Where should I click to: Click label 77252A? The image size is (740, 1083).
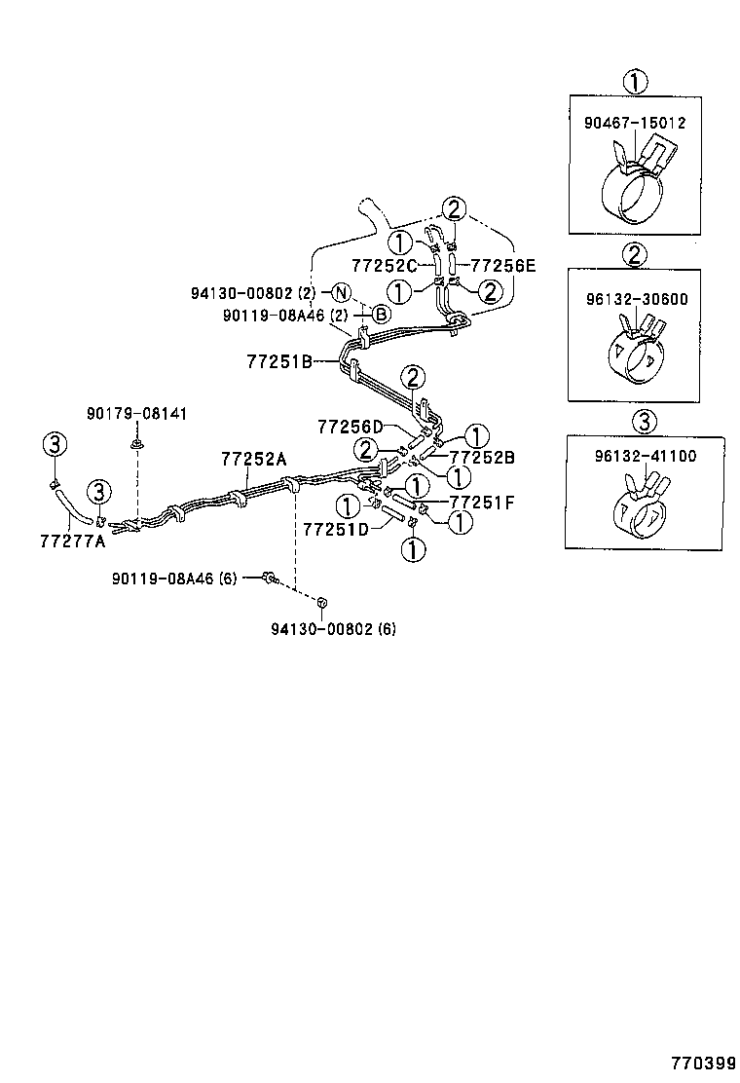[252, 459]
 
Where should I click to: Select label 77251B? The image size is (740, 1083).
[279, 361]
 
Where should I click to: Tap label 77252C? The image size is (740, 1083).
[385, 265]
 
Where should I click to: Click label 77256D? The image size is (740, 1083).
[350, 427]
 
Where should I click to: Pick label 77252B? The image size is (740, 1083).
[482, 457]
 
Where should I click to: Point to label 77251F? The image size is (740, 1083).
[482, 503]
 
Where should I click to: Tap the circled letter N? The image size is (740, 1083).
[340, 292]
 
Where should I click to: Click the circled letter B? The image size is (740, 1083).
[382, 315]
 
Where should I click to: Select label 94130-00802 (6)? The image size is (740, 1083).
[333, 628]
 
